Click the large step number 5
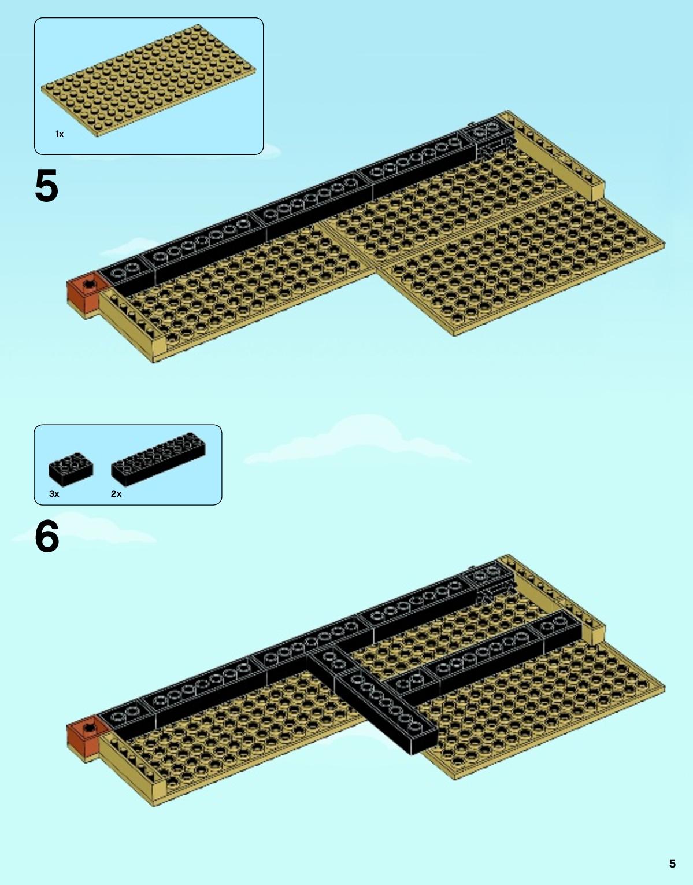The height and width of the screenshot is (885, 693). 46,186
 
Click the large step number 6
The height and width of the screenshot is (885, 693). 47,536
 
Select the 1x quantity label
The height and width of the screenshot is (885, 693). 60,134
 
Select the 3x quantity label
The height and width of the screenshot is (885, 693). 54,493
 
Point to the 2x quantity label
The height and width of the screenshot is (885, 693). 116,493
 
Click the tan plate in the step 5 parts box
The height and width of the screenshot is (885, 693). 149,80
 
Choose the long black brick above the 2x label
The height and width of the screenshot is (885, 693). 158,459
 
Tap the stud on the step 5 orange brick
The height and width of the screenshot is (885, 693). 88,283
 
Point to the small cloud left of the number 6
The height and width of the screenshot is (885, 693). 83,529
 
